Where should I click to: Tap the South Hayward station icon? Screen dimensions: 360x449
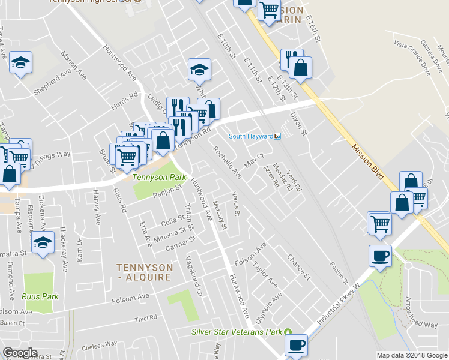(278, 136)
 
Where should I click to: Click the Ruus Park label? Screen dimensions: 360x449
(40, 296)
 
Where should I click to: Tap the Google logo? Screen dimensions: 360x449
(20, 353)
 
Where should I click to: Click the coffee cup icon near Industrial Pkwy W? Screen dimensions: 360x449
(380, 256)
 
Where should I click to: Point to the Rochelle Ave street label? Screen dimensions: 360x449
(227, 162)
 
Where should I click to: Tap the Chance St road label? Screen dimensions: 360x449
(298, 267)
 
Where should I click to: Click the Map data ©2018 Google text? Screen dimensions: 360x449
(412, 355)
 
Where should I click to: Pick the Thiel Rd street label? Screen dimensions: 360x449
(146, 318)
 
